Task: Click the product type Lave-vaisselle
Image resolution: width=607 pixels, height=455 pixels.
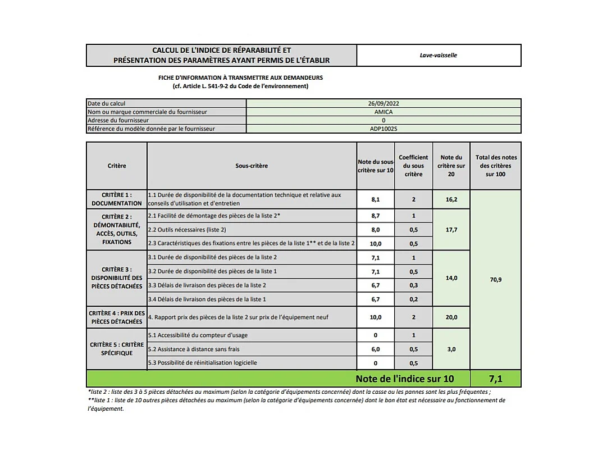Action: [439, 55]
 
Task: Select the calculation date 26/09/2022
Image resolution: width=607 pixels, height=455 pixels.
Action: [383, 103]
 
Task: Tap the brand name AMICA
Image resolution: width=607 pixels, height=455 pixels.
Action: [383, 112]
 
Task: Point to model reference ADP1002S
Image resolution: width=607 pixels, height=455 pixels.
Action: [383, 129]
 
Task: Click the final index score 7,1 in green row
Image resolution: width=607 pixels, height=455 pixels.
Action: [495, 379]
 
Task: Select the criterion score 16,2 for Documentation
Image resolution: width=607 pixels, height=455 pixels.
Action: [451, 199]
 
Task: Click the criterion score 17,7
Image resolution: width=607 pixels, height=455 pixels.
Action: [451, 229]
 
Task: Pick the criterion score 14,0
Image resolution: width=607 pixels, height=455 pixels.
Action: [451, 277]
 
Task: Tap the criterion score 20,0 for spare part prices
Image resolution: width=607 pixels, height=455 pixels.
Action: [451, 317]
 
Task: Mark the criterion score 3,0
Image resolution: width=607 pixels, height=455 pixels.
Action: [451, 349]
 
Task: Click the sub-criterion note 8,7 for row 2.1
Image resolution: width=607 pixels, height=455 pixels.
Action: [375, 216]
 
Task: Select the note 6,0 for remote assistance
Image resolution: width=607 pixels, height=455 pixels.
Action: [375, 349]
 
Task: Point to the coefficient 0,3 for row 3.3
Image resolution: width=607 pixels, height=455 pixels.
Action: [413, 285]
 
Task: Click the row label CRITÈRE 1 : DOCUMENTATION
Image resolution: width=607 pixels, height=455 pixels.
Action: [117, 199]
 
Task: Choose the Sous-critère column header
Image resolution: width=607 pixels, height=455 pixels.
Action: [252, 166]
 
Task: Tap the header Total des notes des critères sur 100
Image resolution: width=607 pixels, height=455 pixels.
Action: [495, 166]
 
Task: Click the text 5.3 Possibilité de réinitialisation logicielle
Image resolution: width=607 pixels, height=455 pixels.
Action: [203, 362]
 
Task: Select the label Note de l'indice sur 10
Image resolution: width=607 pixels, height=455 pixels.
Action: [404, 379]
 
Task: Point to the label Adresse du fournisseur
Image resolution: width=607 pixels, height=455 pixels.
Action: [118, 120]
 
